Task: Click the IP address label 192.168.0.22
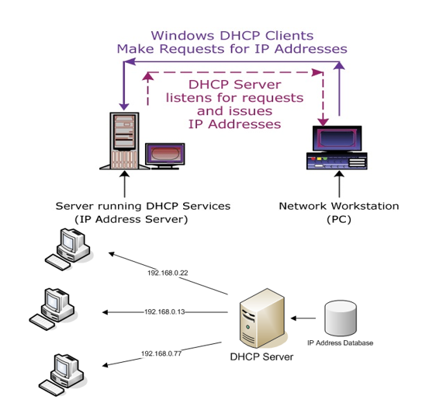[x=168, y=273]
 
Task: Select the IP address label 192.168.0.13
[x=164, y=311]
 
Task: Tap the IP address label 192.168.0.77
[x=161, y=353]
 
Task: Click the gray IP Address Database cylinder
[x=341, y=318]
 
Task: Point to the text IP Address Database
[x=340, y=343]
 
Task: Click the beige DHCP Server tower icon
[x=262, y=318]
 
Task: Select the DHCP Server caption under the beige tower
[x=261, y=357]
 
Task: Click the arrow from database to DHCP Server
[x=303, y=318]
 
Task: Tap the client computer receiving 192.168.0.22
[x=67, y=249]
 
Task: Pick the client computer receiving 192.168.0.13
[x=52, y=309]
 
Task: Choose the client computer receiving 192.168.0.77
[x=61, y=374]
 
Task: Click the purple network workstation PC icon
[x=337, y=148]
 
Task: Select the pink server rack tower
[x=124, y=141]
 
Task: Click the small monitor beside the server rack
[x=165, y=156]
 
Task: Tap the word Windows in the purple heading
[x=182, y=36]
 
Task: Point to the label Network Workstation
[x=339, y=206]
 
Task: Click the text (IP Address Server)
[x=131, y=220]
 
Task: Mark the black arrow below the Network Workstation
[x=339, y=184]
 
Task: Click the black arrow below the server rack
[x=124, y=184]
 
